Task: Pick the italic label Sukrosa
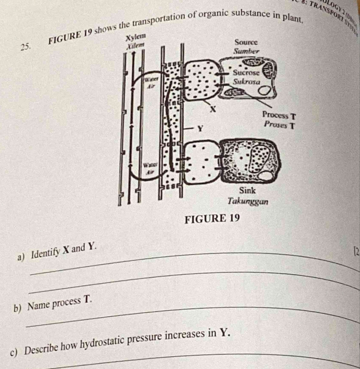246,82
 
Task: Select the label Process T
279,116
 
